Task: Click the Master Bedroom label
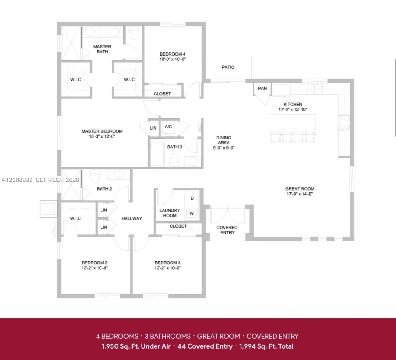(102, 131)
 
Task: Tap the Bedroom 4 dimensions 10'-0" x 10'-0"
(172, 59)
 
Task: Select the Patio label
(228, 67)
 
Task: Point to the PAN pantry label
(262, 89)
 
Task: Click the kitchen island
(293, 123)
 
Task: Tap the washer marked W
(192, 213)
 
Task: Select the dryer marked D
(192, 198)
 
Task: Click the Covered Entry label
(227, 230)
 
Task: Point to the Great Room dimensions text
(299, 194)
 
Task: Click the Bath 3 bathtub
(158, 153)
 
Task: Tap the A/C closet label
(168, 127)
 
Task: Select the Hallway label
(132, 218)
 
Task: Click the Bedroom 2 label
(94, 263)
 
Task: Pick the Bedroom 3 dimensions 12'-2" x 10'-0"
(167, 268)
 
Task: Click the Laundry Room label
(170, 213)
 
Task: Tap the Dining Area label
(224, 140)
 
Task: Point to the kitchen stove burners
(343, 122)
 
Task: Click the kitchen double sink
(315, 90)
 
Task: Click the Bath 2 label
(104, 189)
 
